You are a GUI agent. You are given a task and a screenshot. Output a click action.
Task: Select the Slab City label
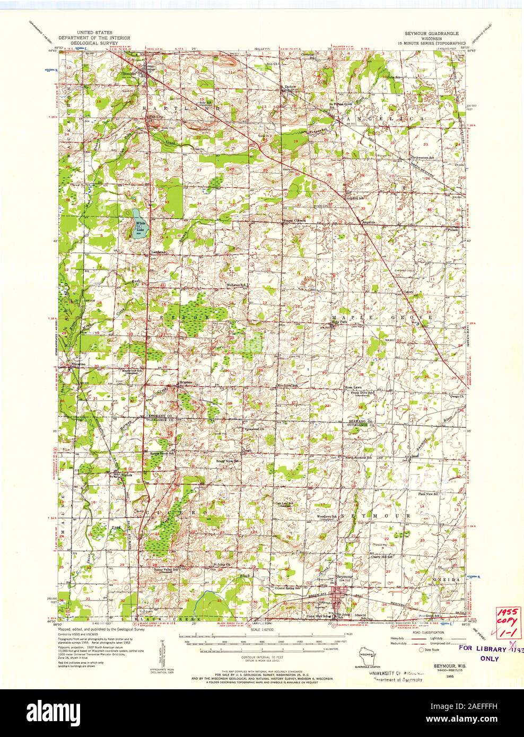coord(154,116)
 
